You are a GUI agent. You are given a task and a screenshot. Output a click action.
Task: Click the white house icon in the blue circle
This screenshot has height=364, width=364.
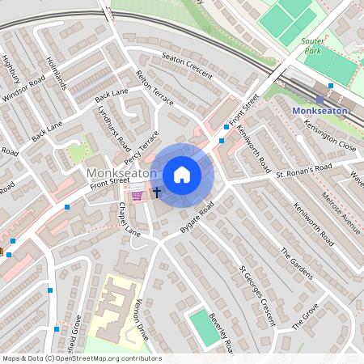pyautogui.click(x=182, y=174)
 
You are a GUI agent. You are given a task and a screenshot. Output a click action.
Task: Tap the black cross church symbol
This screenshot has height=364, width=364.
pyautogui.click(x=157, y=193)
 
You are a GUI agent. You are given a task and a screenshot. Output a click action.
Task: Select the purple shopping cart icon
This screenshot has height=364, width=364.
pyautogui.click(x=138, y=195)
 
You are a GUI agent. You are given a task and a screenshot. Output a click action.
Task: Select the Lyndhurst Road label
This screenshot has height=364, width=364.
pyautogui.click(x=113, y=126)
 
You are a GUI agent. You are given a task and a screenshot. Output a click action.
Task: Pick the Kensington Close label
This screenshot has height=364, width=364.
pyautogui.click(x=329, y=137)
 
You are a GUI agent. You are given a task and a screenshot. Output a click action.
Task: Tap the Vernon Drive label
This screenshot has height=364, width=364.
pyautogui.click(x=142, y=320)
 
